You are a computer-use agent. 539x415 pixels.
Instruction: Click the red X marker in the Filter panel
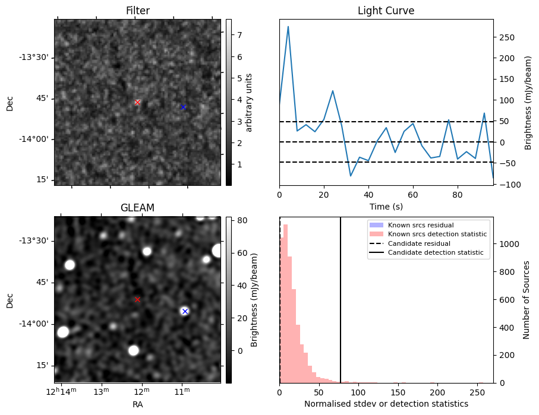[137, 102]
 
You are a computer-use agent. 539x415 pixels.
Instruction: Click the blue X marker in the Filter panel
[183, 107]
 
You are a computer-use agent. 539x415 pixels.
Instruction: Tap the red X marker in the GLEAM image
[137, 299]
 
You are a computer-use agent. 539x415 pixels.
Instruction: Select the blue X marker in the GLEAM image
[185, 311]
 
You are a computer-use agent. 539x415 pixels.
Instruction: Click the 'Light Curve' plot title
[386, 11]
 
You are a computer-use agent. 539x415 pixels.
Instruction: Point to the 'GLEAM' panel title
[137, 208]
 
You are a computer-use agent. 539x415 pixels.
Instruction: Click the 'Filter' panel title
[137, 11]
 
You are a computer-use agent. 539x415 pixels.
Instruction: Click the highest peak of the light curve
[288, 27]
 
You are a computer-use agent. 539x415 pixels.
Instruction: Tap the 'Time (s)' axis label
[386, 206]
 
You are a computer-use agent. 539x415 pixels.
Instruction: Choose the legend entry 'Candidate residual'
[419, 243]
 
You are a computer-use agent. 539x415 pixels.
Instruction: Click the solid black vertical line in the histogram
[341, 297]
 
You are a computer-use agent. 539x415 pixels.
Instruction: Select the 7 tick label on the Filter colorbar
[238, 35]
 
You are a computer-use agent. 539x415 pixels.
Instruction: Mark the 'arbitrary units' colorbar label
[249, 102]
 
